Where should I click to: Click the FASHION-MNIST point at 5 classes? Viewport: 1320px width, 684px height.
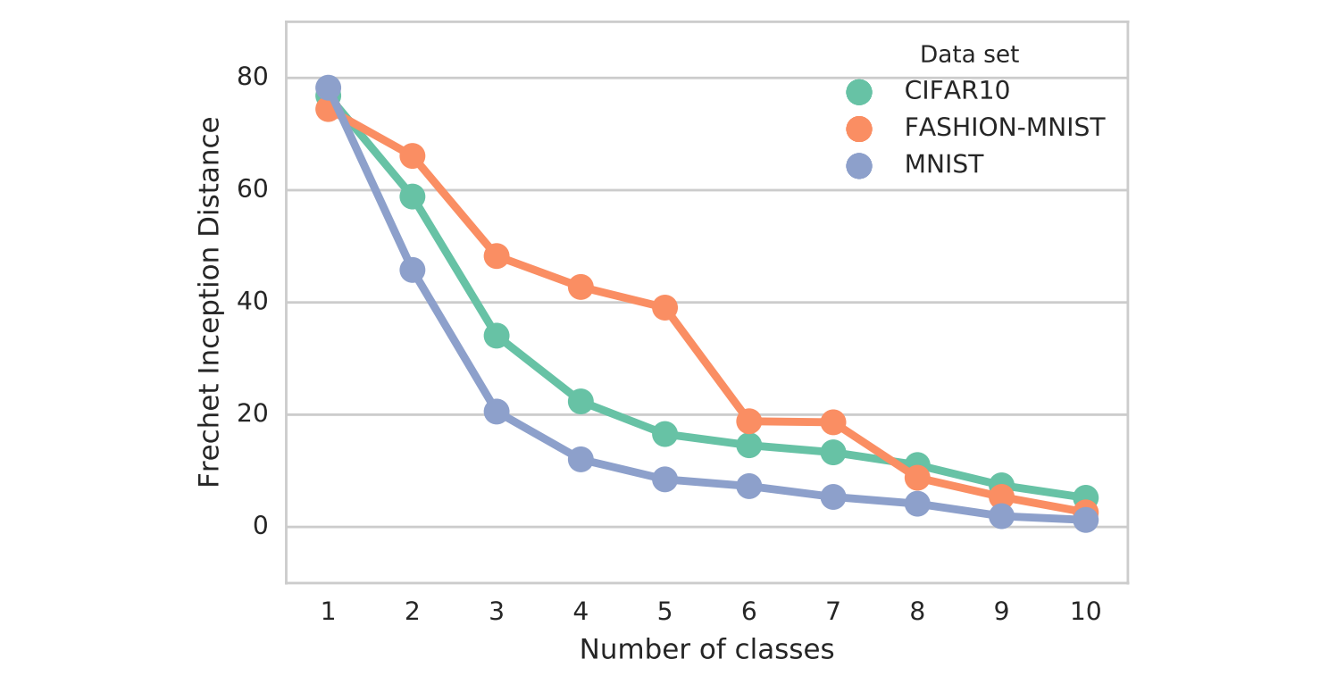(664, 308)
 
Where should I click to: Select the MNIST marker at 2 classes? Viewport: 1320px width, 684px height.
(412, 270)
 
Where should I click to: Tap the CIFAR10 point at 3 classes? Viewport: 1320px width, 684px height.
(497, 336)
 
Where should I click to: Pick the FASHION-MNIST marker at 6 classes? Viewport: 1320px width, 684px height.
(748, 421)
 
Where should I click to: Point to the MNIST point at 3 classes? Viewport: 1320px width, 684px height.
(497, 412)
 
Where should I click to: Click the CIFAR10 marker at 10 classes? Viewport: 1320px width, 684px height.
(1085, 497)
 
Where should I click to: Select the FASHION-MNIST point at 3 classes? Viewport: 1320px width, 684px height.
(497, 256)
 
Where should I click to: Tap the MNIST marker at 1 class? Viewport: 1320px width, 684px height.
(328, 88)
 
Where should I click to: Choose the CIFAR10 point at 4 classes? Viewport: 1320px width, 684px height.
(581, 402)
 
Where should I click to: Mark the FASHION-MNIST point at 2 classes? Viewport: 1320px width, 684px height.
(412, 156)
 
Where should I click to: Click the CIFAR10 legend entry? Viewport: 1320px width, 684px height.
(957, 90)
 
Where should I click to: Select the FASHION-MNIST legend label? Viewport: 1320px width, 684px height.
(1005, 128)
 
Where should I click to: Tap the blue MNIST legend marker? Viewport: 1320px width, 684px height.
(859, 165)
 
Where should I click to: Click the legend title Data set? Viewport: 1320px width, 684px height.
(969, 54)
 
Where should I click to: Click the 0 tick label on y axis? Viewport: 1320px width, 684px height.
(261, 526)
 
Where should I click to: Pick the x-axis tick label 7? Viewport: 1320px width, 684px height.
(832, 612)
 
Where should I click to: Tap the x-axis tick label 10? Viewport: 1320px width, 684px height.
(1085, 612)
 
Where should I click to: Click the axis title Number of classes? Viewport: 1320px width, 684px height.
(706, 649)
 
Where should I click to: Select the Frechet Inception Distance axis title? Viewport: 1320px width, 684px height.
(208, 303)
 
